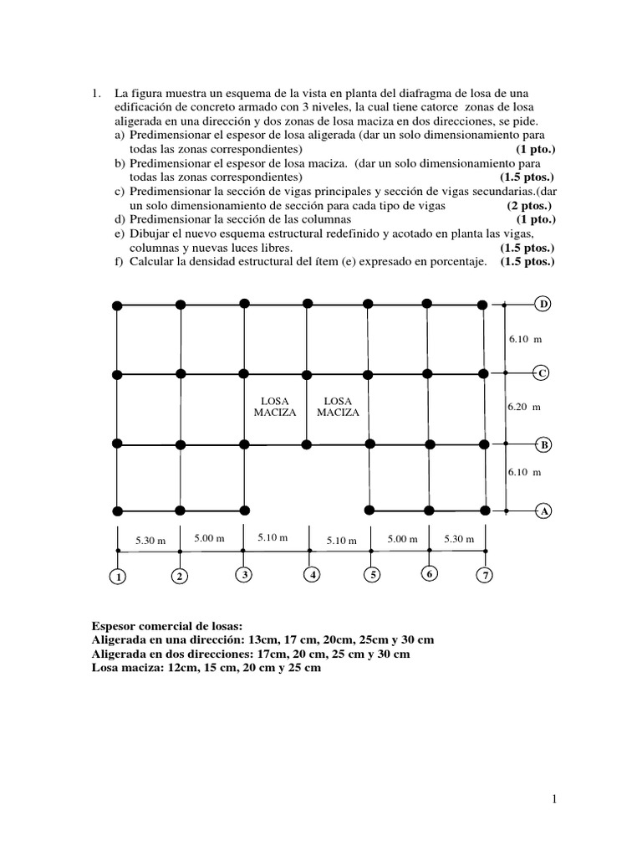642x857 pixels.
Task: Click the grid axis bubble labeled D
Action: (x=543, y=304)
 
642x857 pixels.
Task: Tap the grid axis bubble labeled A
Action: (x=543, y=510)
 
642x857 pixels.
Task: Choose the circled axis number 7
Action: (x=485, y=576)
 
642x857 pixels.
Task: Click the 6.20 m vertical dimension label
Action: (x=524, y=407)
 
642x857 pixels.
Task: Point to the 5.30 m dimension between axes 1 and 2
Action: (x=150, y=541)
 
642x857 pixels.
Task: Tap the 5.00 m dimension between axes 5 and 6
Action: (x=402, y=539)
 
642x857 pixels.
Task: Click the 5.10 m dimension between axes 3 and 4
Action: (x=273, y=538)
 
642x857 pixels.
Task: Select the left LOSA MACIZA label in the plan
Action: (x=275, y=407)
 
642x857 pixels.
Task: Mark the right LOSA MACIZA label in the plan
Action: (x=339, y=407)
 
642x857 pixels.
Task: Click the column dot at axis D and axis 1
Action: (x=117, y=305)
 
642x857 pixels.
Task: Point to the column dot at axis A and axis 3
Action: (x=244, y=510)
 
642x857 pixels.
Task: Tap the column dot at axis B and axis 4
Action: (x=308, y=443)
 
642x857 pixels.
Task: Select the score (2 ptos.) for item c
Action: (x=529, y=206)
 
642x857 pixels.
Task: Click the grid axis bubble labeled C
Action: (x=543, y=373)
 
